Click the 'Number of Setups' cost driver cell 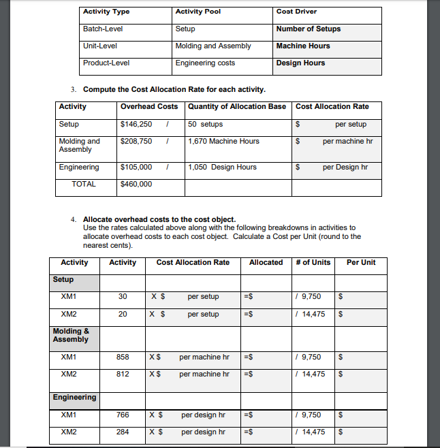click(309, 29)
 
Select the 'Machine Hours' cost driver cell click(303, 46)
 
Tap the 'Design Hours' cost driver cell click(300, 63)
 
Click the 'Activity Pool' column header click(198, 12)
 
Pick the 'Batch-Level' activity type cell click(103, 29)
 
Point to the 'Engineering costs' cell click(205, 63)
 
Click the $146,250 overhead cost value click(136, 125)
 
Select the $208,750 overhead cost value click(136, 142)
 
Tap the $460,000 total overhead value click(136, 185)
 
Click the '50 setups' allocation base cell click(205, 125)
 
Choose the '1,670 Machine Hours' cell click(223, 142)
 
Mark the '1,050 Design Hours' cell click(222, 167)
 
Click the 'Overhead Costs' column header click(149, 107)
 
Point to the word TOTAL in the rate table click(84, 185)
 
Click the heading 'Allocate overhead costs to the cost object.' click(159, 220)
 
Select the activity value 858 click(123, 357)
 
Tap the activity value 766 click(123, 415)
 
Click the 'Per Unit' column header click(361, 263)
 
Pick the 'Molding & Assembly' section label click(71, 336)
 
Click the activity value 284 click(123, 432)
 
